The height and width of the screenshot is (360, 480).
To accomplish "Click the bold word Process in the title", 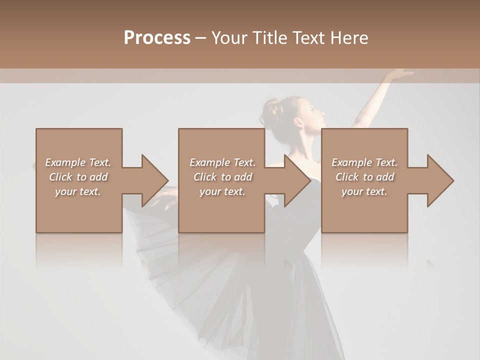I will click(x=157, y=38).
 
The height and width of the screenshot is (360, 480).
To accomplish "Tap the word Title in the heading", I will click(x=269, y=38).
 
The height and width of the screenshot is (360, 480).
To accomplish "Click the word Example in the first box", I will click(x=65, y=162).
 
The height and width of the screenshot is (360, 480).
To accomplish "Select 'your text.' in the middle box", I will click(x=222, y=191).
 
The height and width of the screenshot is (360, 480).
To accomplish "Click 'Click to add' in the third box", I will click(x=364, y=177).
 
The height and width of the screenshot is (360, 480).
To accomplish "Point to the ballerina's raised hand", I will click(x=400, y=74).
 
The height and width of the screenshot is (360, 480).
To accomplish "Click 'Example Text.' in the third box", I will click(x=364, y=162).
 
